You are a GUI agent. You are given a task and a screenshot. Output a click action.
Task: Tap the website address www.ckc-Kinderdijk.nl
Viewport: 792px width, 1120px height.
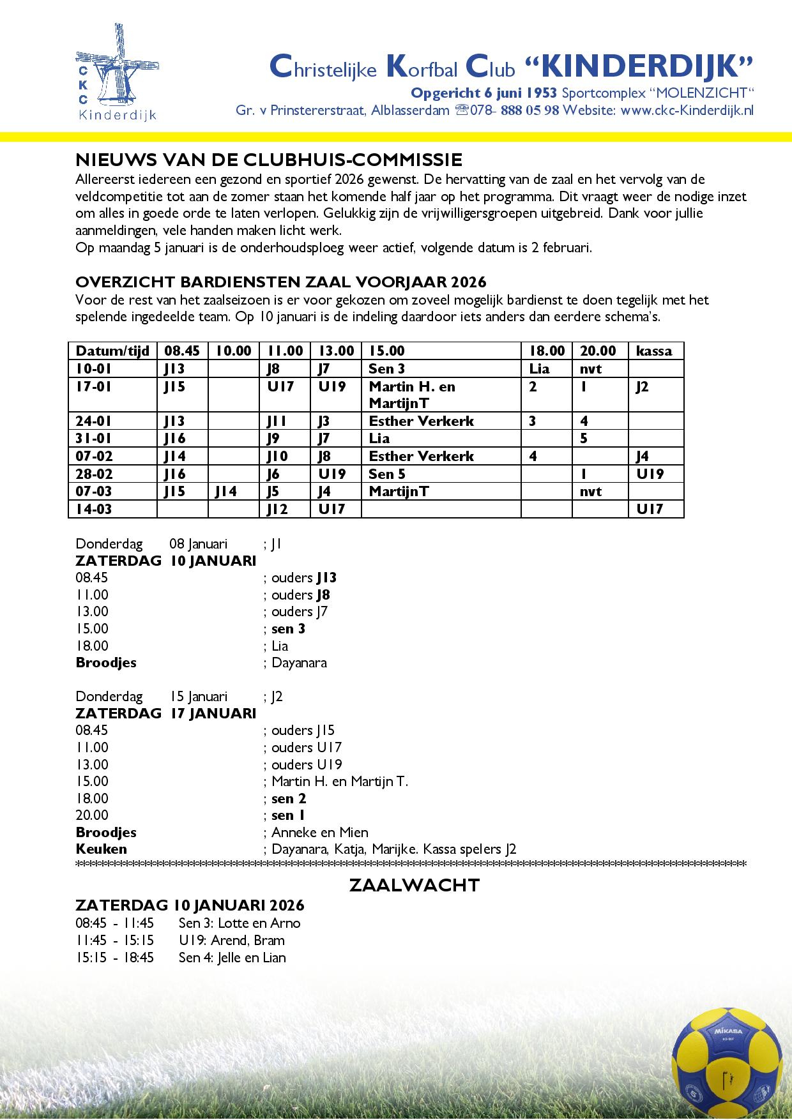(x=687, y=110)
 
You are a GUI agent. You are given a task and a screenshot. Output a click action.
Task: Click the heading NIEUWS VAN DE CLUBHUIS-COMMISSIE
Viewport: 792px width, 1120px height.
(x=269, y=159)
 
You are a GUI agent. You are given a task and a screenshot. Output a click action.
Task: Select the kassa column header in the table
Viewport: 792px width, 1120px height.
(x=654, y=351)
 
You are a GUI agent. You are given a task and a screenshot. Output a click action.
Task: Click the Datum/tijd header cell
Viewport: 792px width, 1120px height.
(x=112, y=351)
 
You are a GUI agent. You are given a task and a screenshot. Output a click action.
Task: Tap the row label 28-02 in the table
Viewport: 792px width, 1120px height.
(x=93, y=474)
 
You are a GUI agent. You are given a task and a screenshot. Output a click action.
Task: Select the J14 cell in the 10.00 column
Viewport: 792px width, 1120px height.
(x=226, y=491)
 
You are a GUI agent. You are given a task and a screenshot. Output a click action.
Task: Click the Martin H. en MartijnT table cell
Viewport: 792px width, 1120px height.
(x=412, y=395)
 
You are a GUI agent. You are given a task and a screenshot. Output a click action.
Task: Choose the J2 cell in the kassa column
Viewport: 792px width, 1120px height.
(x=642, y=386)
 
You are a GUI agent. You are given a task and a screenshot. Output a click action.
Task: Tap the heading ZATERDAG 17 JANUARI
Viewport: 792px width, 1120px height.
(x=165, y=713)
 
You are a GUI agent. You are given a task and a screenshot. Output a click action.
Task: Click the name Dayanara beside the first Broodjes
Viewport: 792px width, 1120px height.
(x=299, y=662)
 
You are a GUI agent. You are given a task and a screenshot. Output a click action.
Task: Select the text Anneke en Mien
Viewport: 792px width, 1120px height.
(x=319, y=832)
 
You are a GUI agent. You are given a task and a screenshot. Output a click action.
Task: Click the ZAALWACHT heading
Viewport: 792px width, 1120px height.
(x=415, y=885)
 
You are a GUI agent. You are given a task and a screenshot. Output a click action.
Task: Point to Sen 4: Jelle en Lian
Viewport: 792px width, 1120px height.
(x=232, y=957)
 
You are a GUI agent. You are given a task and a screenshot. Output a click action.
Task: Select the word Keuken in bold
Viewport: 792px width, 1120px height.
(x=101, y=849)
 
